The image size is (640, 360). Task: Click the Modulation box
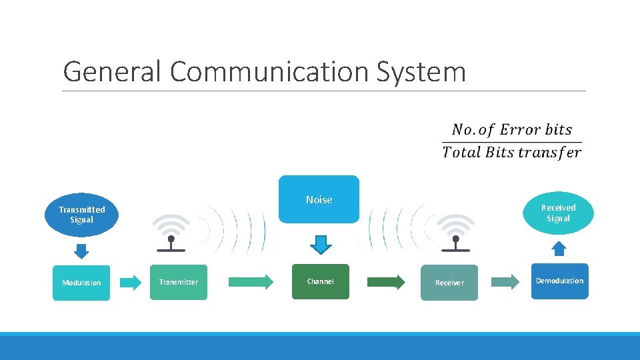pos(81,283)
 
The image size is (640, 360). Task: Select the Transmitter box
pos(178,282)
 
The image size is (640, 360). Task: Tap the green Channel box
pos(320,281)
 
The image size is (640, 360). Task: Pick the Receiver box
pos(449,283)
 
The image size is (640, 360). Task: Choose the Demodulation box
pos(559,281)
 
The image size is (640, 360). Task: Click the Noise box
pos(319,199)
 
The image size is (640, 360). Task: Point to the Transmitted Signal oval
pos(81,214)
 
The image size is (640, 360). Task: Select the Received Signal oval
pos(558,213)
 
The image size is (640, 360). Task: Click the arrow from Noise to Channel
pos(321,245)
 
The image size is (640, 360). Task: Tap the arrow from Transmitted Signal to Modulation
pos(81,251)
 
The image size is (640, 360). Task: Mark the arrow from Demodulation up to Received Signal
pos(559,249)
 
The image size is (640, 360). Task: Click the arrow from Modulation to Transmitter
pos(131,282)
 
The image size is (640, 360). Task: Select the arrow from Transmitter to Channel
pos(251,281)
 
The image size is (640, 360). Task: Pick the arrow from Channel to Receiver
pos(386,282)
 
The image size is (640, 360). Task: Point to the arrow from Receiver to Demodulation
pos(505,282)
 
